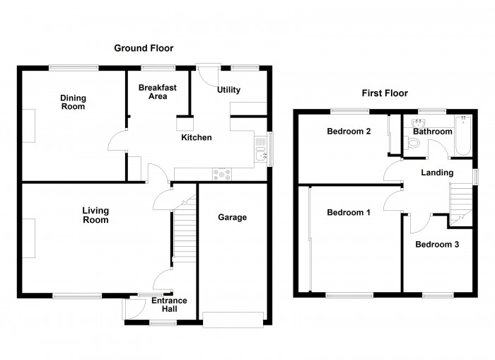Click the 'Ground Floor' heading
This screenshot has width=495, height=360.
144,48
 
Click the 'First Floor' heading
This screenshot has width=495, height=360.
385,93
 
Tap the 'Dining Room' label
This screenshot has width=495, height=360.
72,103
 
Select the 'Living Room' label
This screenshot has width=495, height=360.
95,215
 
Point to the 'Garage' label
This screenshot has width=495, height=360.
232,217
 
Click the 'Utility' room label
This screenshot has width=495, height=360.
229,90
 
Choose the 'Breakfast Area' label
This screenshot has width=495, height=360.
157,92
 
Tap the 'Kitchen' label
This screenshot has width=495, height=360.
196,137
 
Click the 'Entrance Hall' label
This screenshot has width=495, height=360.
170,305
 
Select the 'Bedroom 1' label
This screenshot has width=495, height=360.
348,213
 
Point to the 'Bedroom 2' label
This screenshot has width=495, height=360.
349,132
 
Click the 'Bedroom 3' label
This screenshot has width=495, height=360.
436,245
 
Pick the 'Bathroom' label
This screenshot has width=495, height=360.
432,132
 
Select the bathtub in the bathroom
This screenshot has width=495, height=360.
462,134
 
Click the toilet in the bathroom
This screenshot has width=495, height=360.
414,144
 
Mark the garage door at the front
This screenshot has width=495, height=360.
234,319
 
